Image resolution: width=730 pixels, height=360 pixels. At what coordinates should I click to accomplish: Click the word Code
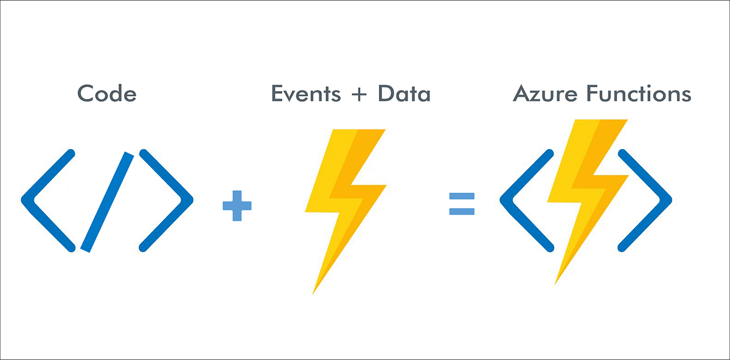(107, 94)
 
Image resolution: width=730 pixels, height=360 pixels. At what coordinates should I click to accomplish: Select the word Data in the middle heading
(404, 94)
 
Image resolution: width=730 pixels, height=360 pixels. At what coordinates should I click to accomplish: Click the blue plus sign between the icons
(237, 206)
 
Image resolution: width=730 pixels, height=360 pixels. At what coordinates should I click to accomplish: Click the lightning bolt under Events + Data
(344, 195)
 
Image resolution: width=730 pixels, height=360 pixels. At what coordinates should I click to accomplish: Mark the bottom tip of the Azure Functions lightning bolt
(556, 282)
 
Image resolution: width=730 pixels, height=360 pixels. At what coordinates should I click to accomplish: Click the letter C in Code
(86, 94)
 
